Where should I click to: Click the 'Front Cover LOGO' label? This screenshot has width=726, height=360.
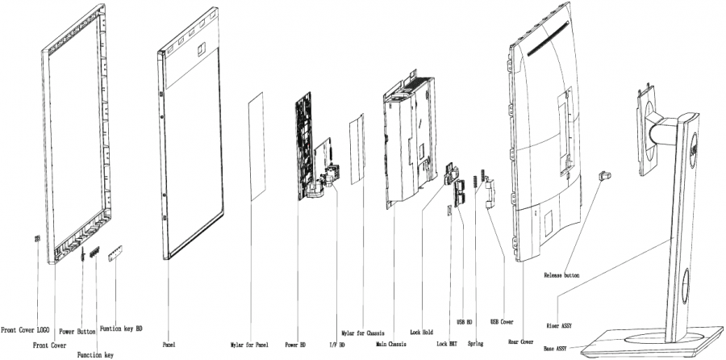tap(25, 329)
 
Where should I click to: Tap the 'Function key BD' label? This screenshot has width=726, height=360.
tap(122, 329)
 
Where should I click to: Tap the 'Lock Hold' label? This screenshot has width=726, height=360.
tap(423, 331)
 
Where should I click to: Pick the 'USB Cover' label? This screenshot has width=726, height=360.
tap(496, 321)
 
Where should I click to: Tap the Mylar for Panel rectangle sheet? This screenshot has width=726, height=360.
tap(256, 146)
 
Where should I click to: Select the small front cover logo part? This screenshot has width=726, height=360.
tap(37, 239)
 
